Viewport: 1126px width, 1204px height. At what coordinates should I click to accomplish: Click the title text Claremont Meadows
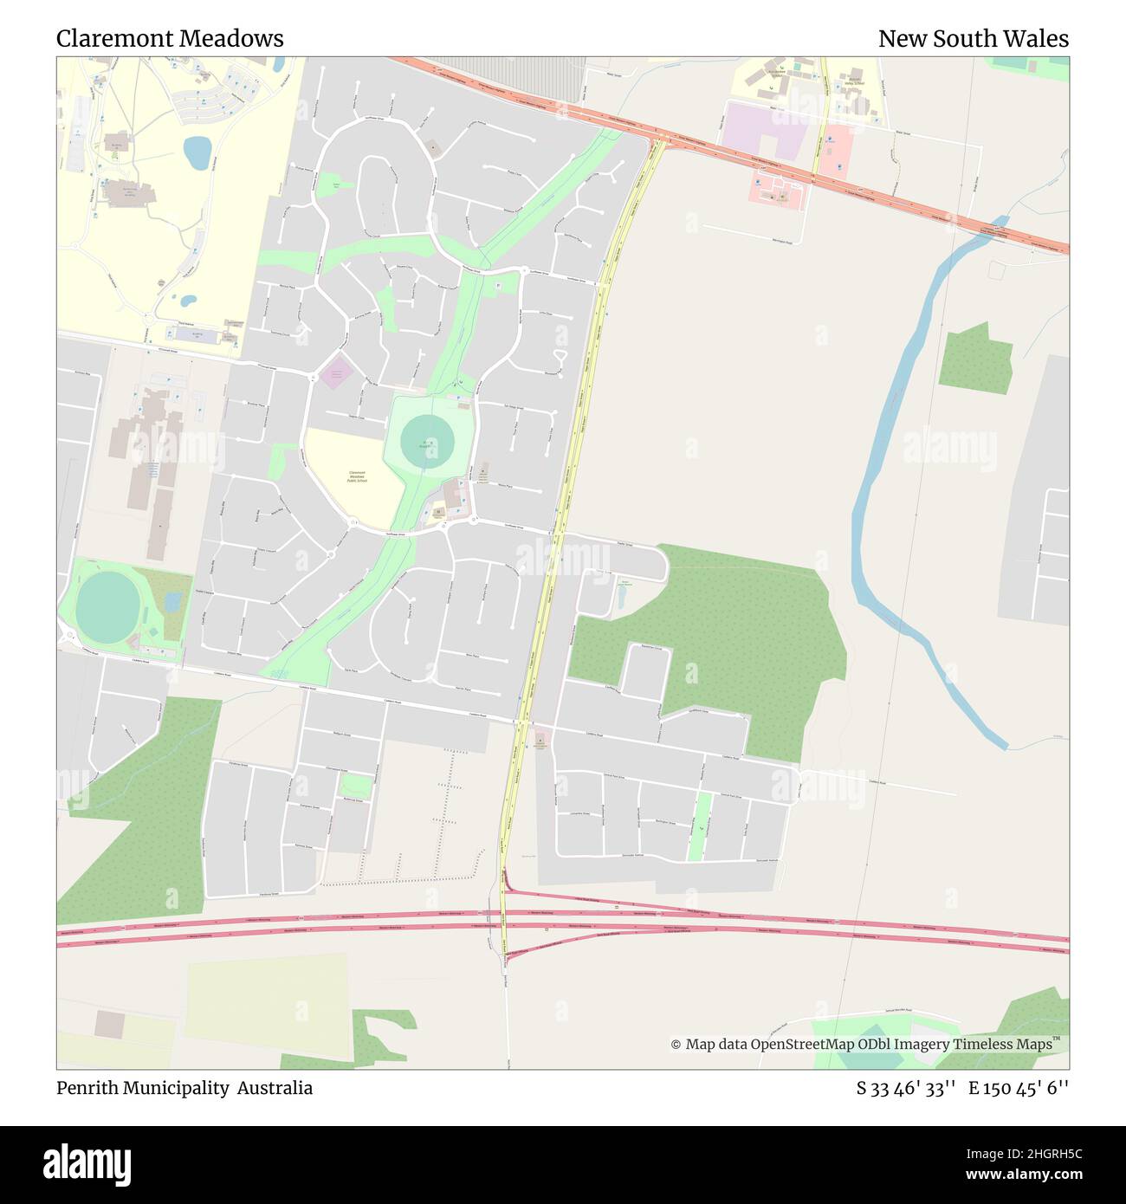click(x=170, y=39)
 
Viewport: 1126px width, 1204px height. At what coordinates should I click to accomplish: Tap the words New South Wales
click(x=973, y=39)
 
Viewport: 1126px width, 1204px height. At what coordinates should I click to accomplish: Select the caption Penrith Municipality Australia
click(x=184, y=1088)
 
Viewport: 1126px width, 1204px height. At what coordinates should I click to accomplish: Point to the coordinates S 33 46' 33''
click(x=906, y=1088)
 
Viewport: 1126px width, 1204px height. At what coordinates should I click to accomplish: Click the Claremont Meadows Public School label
click(x=357, y=476)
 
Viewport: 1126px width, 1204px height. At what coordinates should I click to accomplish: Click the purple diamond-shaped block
click(x=335, y=373)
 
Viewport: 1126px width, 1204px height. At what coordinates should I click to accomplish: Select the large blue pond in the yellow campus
click(x=197, y=152)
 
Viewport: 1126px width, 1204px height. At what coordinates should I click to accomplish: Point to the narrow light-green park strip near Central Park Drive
click(x=699, y=827)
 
